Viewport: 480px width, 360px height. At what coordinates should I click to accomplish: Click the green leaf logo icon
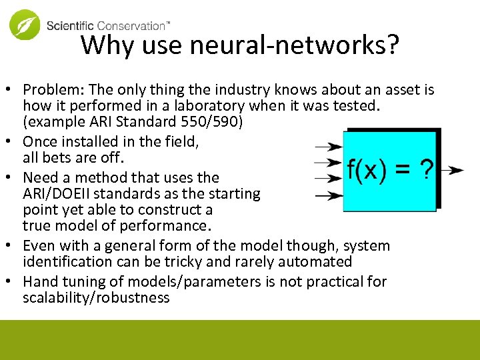(24, 25)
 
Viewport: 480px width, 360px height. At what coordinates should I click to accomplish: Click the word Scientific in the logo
(71, 26)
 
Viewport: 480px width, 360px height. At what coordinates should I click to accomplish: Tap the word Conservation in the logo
(131, 26)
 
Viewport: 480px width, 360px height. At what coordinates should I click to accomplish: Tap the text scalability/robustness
(96, 298)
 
